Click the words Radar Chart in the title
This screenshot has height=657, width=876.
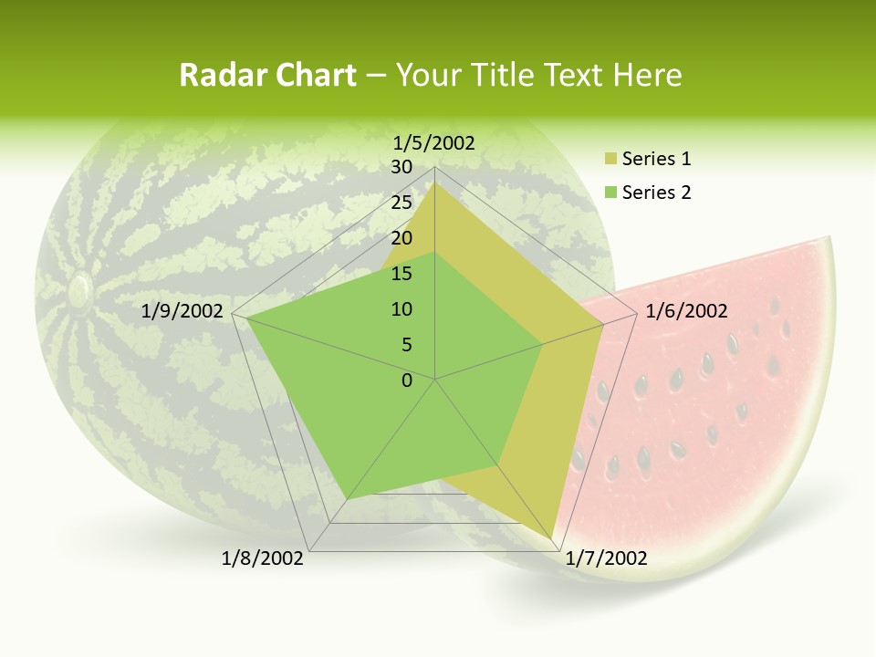pyautogui.click(x=267, y=75)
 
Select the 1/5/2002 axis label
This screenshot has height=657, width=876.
pyautogui.click(x=433, y=142)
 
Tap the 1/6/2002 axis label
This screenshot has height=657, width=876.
pyautogui.click(x=686, y=311)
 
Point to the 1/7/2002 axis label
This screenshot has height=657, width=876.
pyautogui.click(x=607, y=558)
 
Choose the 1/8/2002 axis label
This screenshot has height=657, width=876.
pyautogui.click(x=263, y=558)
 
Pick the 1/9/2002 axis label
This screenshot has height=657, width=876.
pyautogui.click(x=182, y=311)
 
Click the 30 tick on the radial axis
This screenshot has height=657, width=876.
pyautogui.click(x=401, y=167)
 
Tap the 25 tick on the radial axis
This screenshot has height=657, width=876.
pyautogui.click(x=401, y=203)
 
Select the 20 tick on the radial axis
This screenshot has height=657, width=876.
pyautogui.click(x=401, y=238)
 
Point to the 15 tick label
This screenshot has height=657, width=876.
pyautogui.click(x=401, y=274)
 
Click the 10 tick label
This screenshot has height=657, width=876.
pyautogui.click(x=401, y=309)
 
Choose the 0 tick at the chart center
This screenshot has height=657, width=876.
pyautogui.click(x=407, y=381)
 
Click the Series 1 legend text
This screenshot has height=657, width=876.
pyautogui.click(x=656, y=159)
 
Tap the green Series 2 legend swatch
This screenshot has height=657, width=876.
pyautogui.click(x=610, y=193)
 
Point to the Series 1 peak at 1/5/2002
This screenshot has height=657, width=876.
pyautogui.click(x=434, y=182)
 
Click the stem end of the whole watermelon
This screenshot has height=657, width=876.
pyautogui.click(x=79, y=290)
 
